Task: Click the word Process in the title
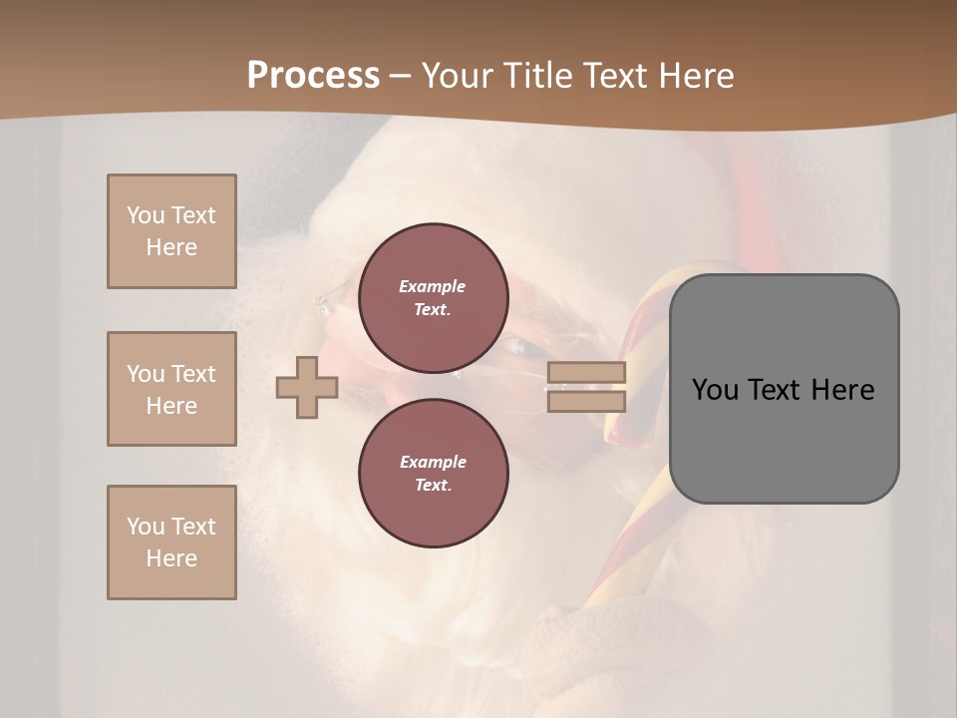[x=313, y=76]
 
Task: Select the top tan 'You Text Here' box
[x=171, y=231]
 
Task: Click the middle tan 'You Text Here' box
[x=171, y=389]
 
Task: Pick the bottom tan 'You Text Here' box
[x=171, y=542]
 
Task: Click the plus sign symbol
[x=307, y=387]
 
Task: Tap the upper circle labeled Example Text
[x=433, y=298]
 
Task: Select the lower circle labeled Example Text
[x=433, y=474]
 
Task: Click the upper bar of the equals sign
[x=587, y=373]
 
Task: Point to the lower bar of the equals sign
[x=587, y=401]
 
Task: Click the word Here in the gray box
[x=842, y=390]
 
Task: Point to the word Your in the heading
[x=457, y=76]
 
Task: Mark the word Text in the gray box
[x=775, y=390]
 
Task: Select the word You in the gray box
[x=715, y=390]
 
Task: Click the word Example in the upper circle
[x=433, y=286]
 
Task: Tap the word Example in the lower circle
[x=433, y=462]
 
